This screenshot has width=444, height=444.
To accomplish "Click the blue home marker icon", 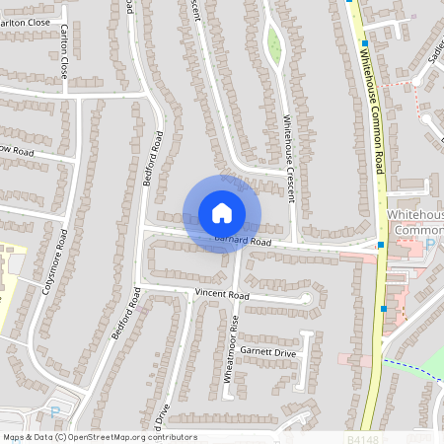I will [222, 212].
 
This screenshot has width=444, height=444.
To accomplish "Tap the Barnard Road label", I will [243, 241].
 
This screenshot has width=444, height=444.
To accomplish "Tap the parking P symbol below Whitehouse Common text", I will [429, 243].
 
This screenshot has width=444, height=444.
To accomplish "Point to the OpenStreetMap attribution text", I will [99, 437].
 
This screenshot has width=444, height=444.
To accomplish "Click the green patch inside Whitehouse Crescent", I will [274, 44].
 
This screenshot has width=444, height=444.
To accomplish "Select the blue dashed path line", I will [414, 368].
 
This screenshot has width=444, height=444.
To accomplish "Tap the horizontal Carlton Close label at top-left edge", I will [24, 22].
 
